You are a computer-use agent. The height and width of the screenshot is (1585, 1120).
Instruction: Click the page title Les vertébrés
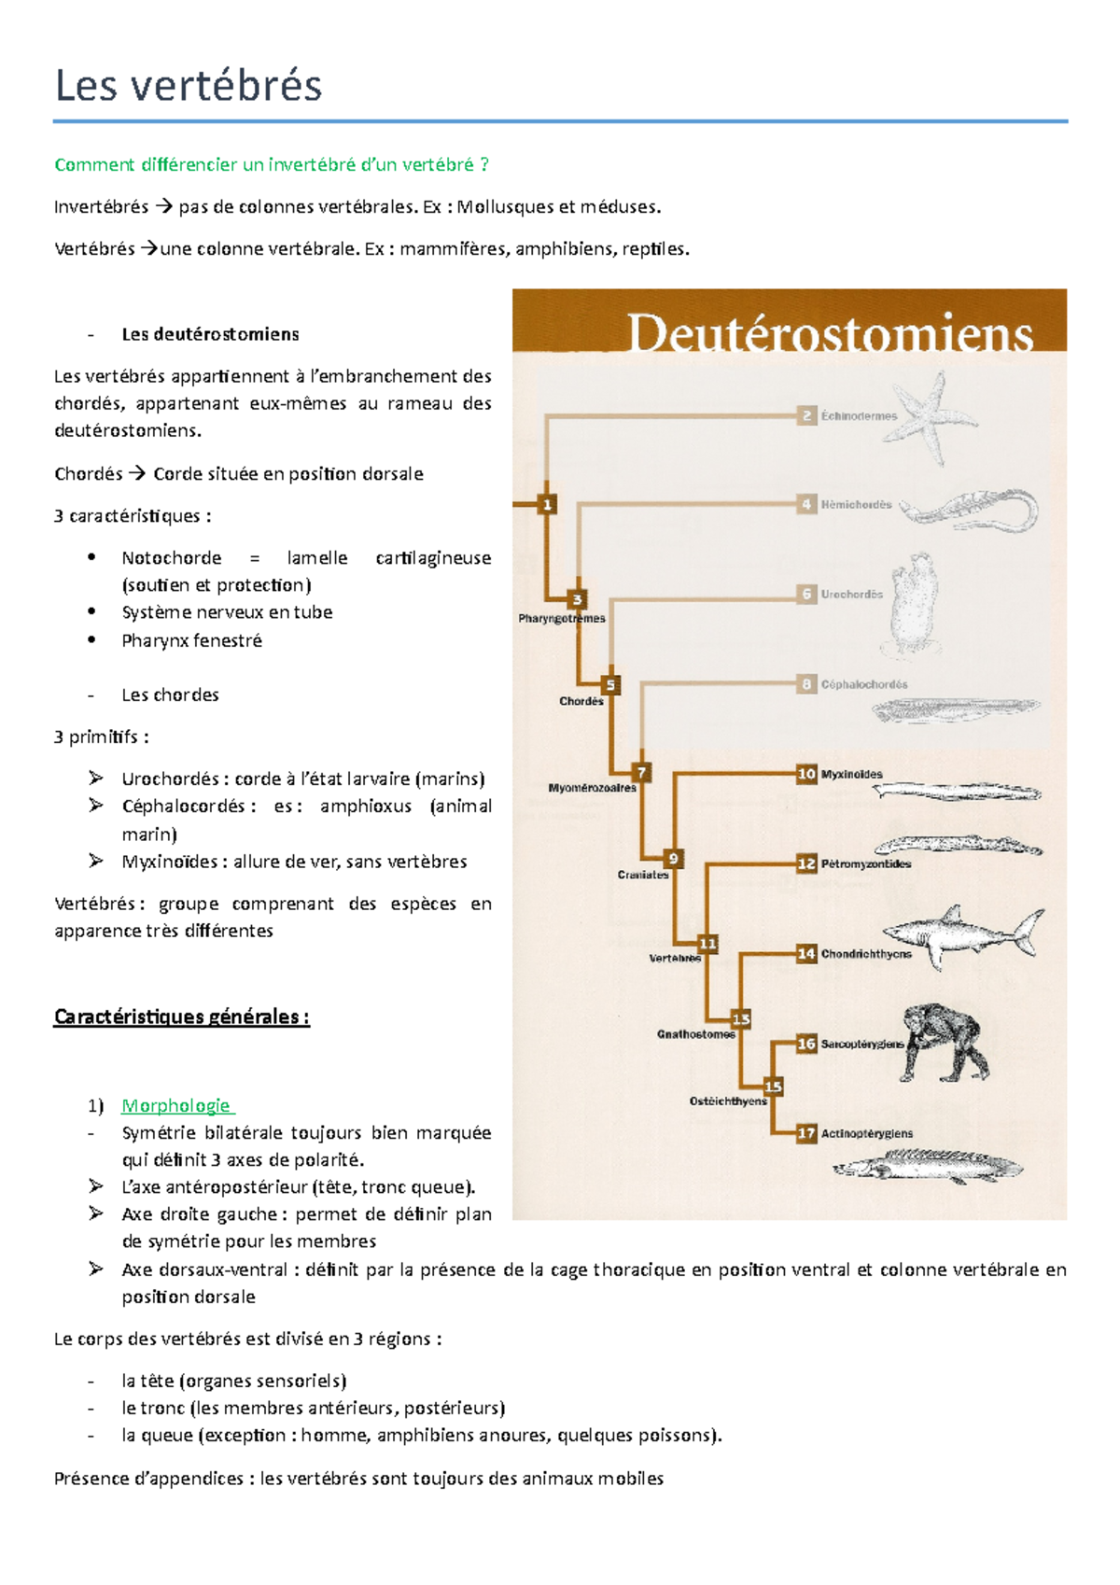pyautogui.click(x=189, y=86)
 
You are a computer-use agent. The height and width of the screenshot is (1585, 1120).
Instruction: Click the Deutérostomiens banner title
pyautogui.click(x=829, y=334)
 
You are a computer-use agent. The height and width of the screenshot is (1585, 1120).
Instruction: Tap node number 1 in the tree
pyautogui.click(x=547, y=505)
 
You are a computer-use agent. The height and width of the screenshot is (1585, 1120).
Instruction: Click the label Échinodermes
pyautogui.click(x=859, y=416)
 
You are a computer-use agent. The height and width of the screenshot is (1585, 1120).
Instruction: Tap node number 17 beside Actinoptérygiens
pyautogui.click(x=806, y=1133)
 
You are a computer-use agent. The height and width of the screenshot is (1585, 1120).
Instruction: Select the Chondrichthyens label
pyautogui.click(x=865, y=954)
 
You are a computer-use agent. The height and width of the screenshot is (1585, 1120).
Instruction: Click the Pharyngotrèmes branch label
pyautogui.click(x=562, y=619)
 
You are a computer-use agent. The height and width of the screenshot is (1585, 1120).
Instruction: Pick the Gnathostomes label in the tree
pyautogui.click(x=696, y=1034)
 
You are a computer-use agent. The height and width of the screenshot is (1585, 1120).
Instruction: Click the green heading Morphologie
pyautogui.click(x=175, y=1106)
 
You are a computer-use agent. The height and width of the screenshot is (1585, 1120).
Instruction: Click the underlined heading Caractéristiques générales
pyautogui.click(x=181, y=1017)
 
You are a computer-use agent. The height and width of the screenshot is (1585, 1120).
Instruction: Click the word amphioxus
pyautogui.click(x=365, y=807)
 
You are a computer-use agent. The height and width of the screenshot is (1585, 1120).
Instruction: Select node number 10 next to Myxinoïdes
pyautogui.click(x=806, y=774)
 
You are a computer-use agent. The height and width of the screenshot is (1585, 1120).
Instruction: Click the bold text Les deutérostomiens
pyautogui.click(x=210, y=334)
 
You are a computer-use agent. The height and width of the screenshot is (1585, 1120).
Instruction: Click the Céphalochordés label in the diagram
pyautogui.click(x=863, y=684)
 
